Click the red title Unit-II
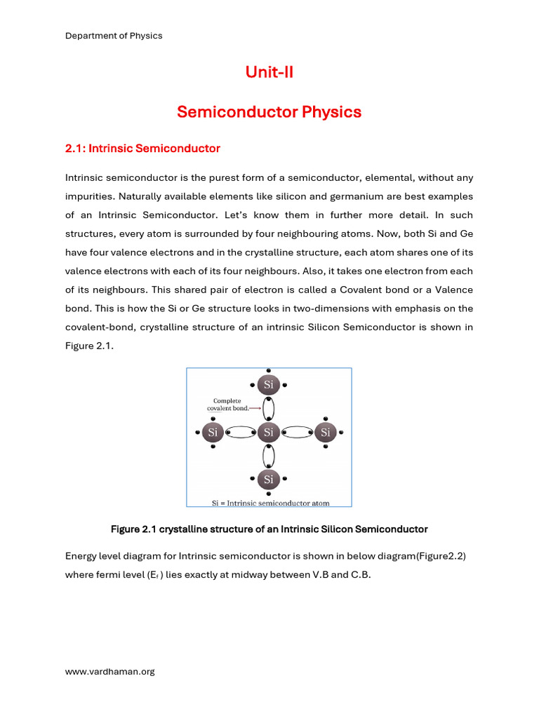point(269,72)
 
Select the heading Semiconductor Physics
point(269,112)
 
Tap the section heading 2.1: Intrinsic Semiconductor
point(142,149)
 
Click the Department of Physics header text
point(114,36)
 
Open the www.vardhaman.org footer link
point(109,672)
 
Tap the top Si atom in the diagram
point(268,384)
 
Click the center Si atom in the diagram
point(268,433)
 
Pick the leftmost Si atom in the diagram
point(213,433)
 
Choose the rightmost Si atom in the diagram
point(325,433)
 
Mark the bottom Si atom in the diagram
point(268,480)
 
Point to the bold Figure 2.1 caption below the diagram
point(269,529)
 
